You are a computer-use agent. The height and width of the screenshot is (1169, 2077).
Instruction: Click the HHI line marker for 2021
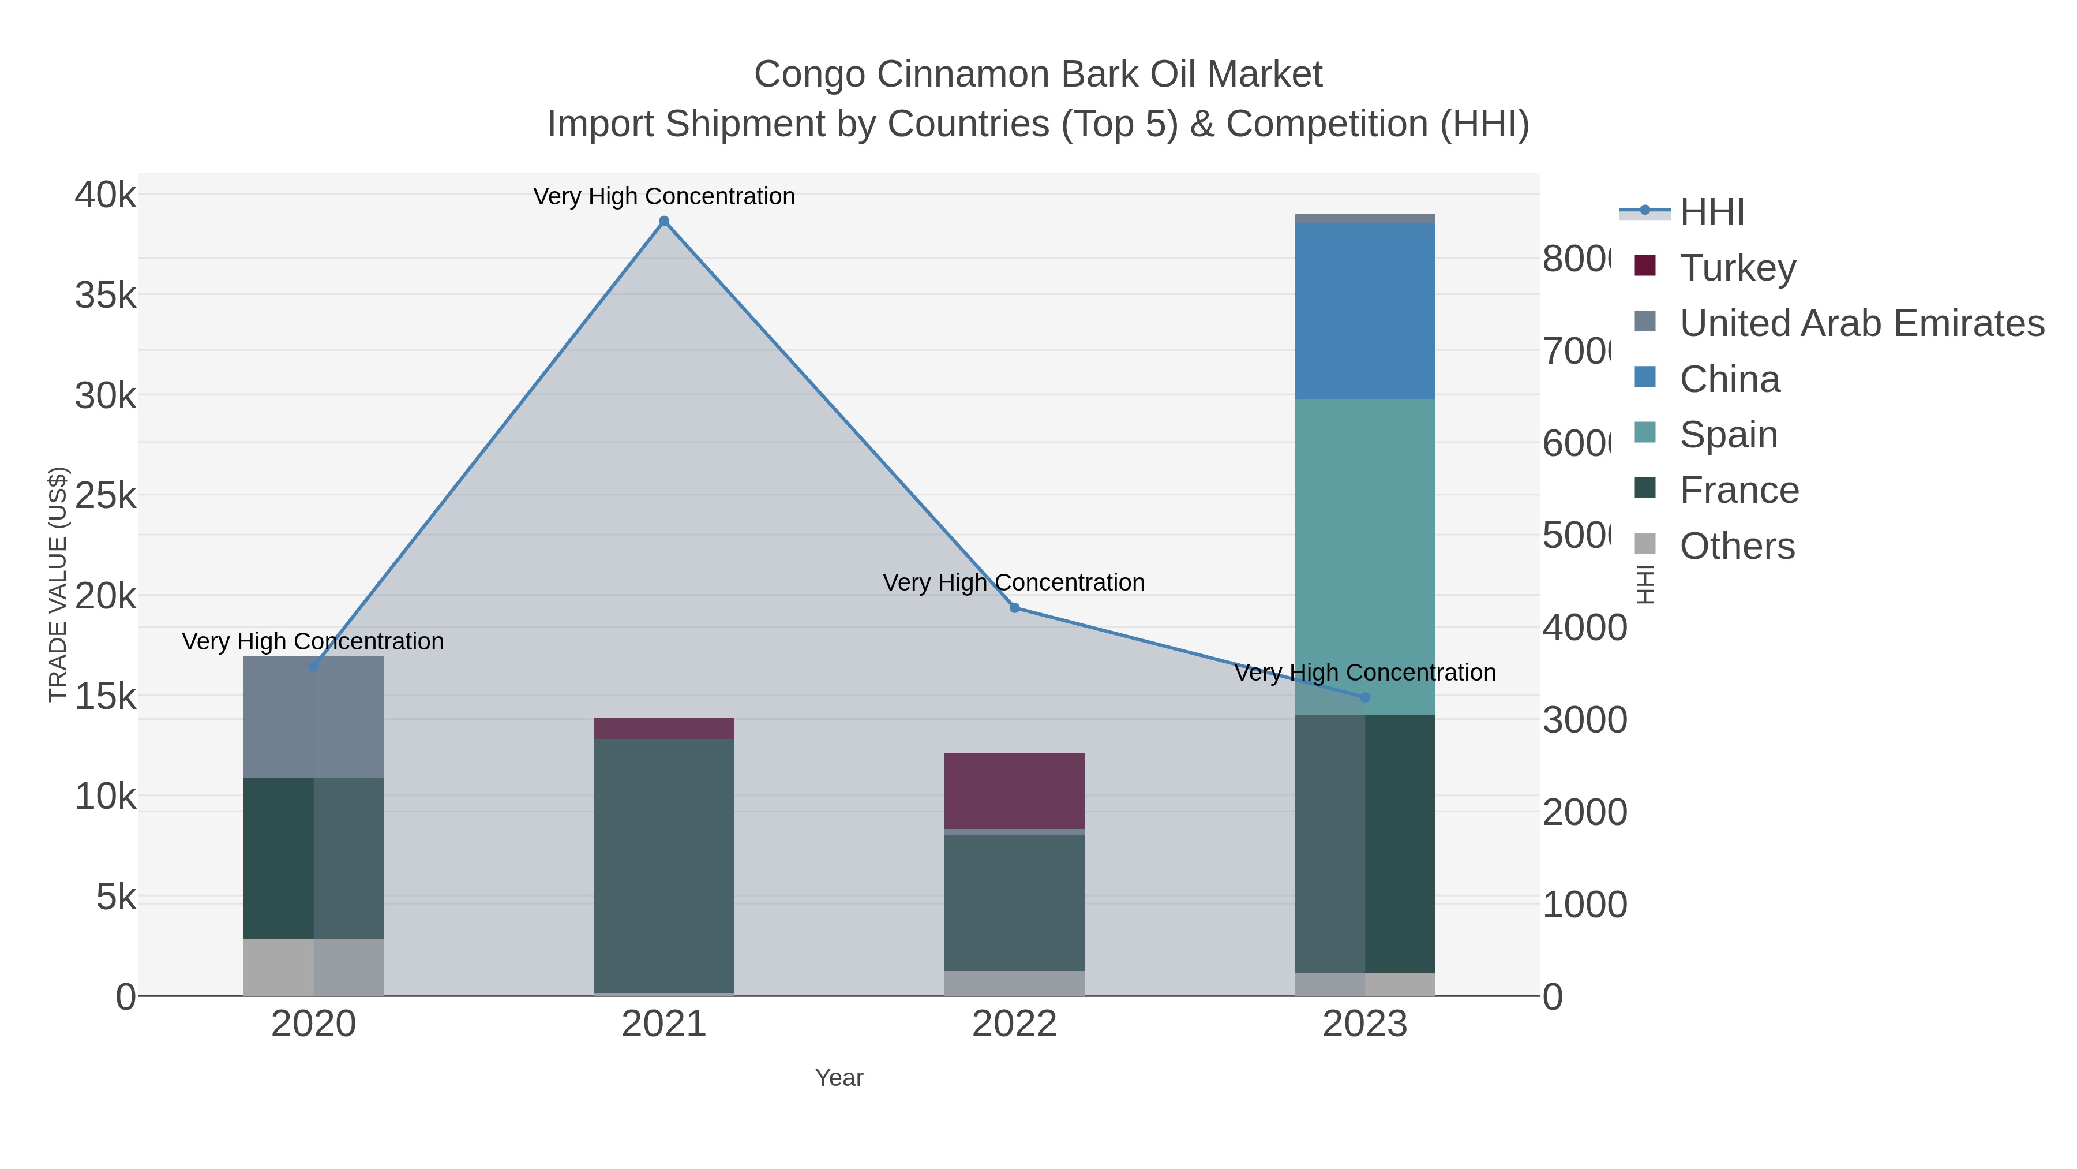point(663,221)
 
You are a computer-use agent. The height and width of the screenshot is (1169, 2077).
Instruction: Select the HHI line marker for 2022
point(1014,607)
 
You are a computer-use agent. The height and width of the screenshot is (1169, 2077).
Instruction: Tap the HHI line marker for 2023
point(1364,697)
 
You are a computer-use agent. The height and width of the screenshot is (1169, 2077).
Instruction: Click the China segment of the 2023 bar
point(1364,311)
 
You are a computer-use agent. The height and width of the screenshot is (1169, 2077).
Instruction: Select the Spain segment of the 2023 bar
point(1364,557)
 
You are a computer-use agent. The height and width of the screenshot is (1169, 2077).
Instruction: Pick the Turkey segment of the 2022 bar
point(1014,791)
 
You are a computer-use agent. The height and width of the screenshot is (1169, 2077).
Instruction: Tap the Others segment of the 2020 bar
point(314,966)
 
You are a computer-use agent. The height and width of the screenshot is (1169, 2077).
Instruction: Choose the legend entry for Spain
point(1728,434)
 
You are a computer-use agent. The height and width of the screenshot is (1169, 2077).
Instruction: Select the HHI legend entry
point(1711,211)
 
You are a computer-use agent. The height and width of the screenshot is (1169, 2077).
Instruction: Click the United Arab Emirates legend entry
point(1861,323)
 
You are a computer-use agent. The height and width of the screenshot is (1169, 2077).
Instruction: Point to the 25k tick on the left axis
point(106,495)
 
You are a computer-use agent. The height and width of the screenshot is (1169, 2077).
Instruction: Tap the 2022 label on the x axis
point(1014,1024)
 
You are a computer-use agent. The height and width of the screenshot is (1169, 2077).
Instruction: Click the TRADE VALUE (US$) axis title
point(58,584)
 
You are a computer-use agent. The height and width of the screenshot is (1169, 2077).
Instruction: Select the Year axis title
point(838,1078)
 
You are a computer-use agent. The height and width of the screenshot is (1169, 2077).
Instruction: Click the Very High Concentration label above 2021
point(663,196)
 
